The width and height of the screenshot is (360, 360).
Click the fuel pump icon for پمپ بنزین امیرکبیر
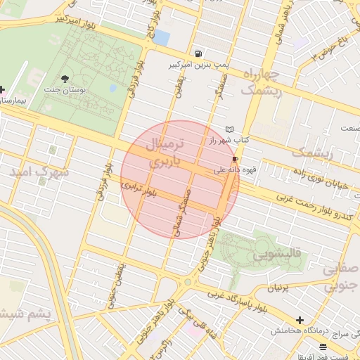199,53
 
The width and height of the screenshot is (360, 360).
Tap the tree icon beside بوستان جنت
65,79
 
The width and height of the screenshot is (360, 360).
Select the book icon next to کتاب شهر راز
229,129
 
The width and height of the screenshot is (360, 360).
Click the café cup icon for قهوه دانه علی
234,159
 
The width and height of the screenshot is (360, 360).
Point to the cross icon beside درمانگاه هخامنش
300,320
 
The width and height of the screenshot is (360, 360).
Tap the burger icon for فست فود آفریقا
323,347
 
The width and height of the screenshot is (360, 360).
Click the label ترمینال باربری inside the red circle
165,153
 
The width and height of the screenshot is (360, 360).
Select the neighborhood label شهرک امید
39,171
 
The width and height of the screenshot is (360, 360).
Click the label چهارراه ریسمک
261,82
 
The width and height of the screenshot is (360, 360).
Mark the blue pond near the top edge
161,37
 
